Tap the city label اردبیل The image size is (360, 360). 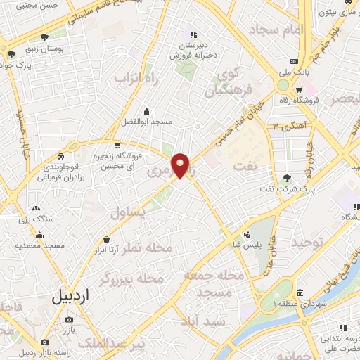pos(71,296)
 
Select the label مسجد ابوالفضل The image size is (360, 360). pos(146,122)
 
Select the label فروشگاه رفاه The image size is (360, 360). pos(317,100)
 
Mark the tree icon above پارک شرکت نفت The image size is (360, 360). pos(288,179)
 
